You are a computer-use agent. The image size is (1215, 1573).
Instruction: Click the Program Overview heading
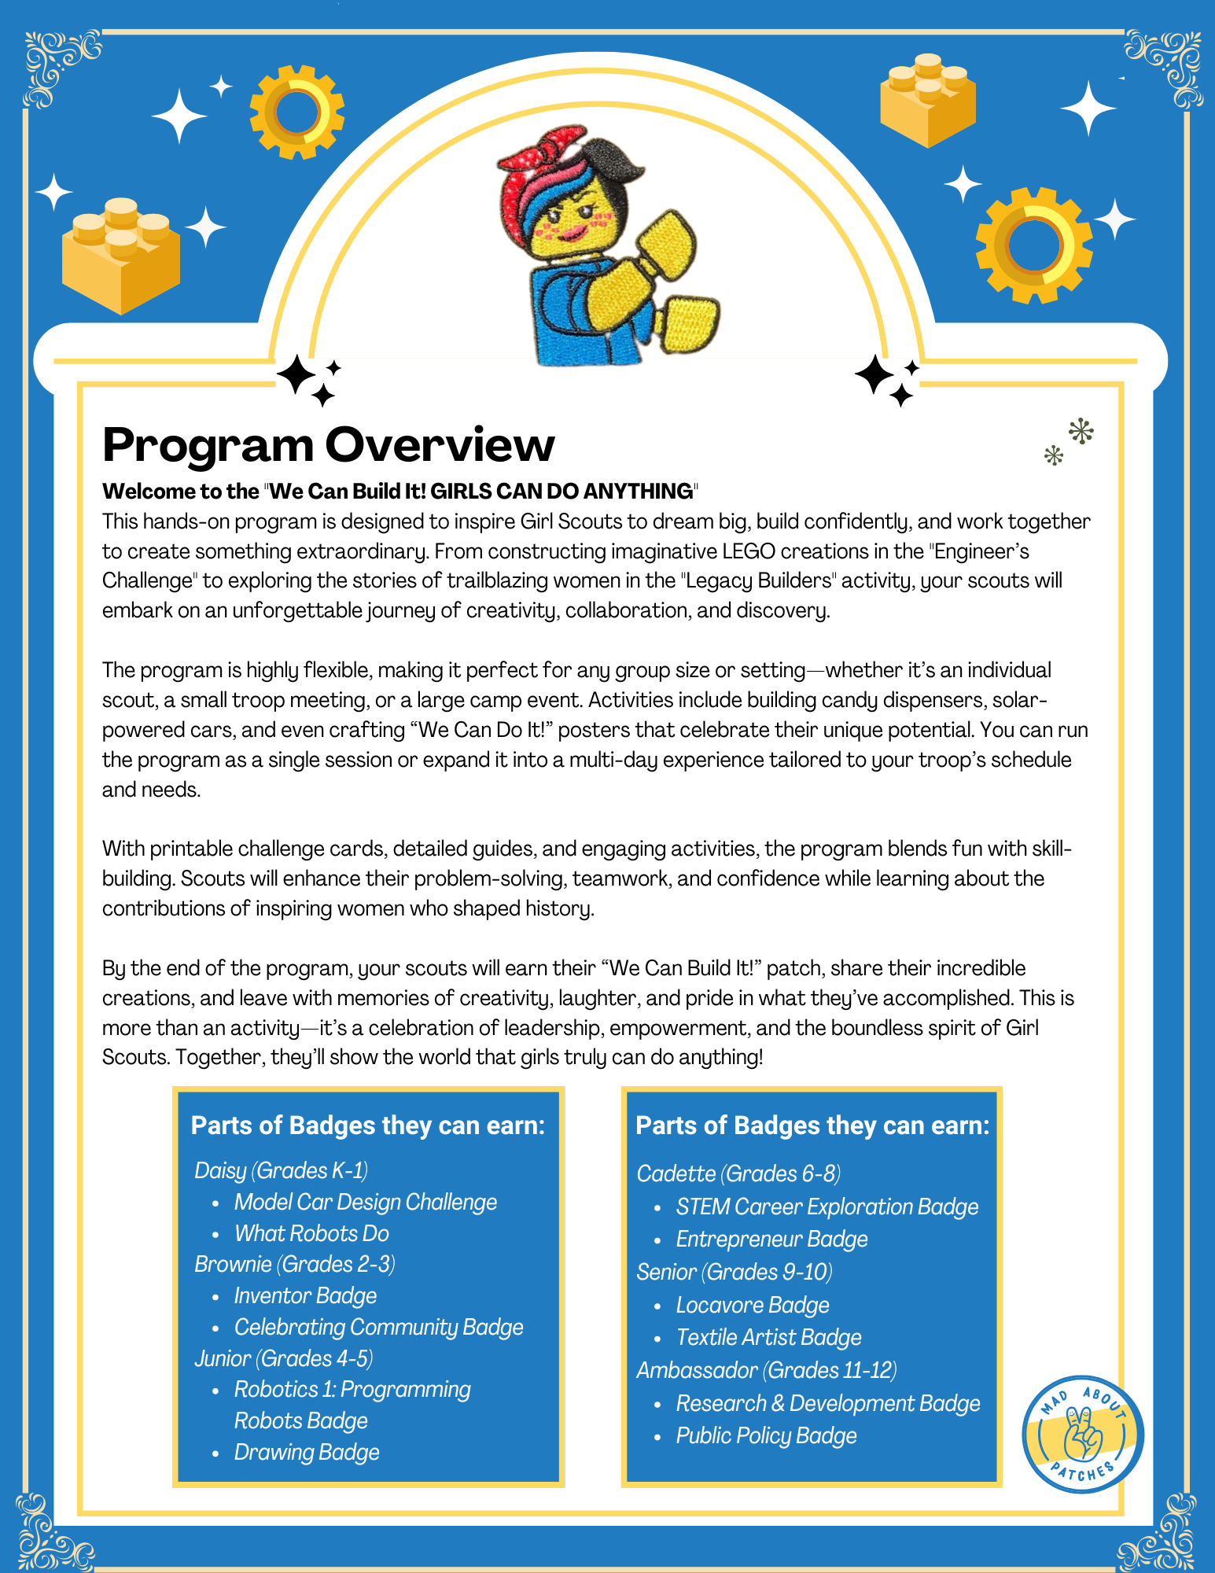pos(328,445)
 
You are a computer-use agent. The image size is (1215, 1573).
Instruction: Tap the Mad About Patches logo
pos(1083,1434)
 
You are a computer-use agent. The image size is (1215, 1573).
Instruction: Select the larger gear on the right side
pos(1033,245)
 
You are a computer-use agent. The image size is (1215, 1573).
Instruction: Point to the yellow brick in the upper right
pos(928,100)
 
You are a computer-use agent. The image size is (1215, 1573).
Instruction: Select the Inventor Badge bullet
pos(305,1295)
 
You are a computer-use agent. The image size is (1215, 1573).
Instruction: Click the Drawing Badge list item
pos(307,1452)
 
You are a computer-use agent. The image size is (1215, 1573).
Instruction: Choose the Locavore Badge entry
pos(752,1305)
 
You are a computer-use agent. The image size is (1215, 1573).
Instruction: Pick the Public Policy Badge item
pos(766,1435)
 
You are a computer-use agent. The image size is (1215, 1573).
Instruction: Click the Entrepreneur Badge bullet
pos(771,1239)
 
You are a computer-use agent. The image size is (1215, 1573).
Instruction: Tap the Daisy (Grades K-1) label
pos(281,1170)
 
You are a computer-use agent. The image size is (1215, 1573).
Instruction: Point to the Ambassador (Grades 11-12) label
pos(766,1370)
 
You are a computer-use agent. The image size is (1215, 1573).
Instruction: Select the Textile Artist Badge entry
pos(768,1337)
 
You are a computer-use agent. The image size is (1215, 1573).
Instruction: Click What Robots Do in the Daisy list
pos(311,1233)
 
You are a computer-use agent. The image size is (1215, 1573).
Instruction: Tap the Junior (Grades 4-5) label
pos(283,1358)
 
